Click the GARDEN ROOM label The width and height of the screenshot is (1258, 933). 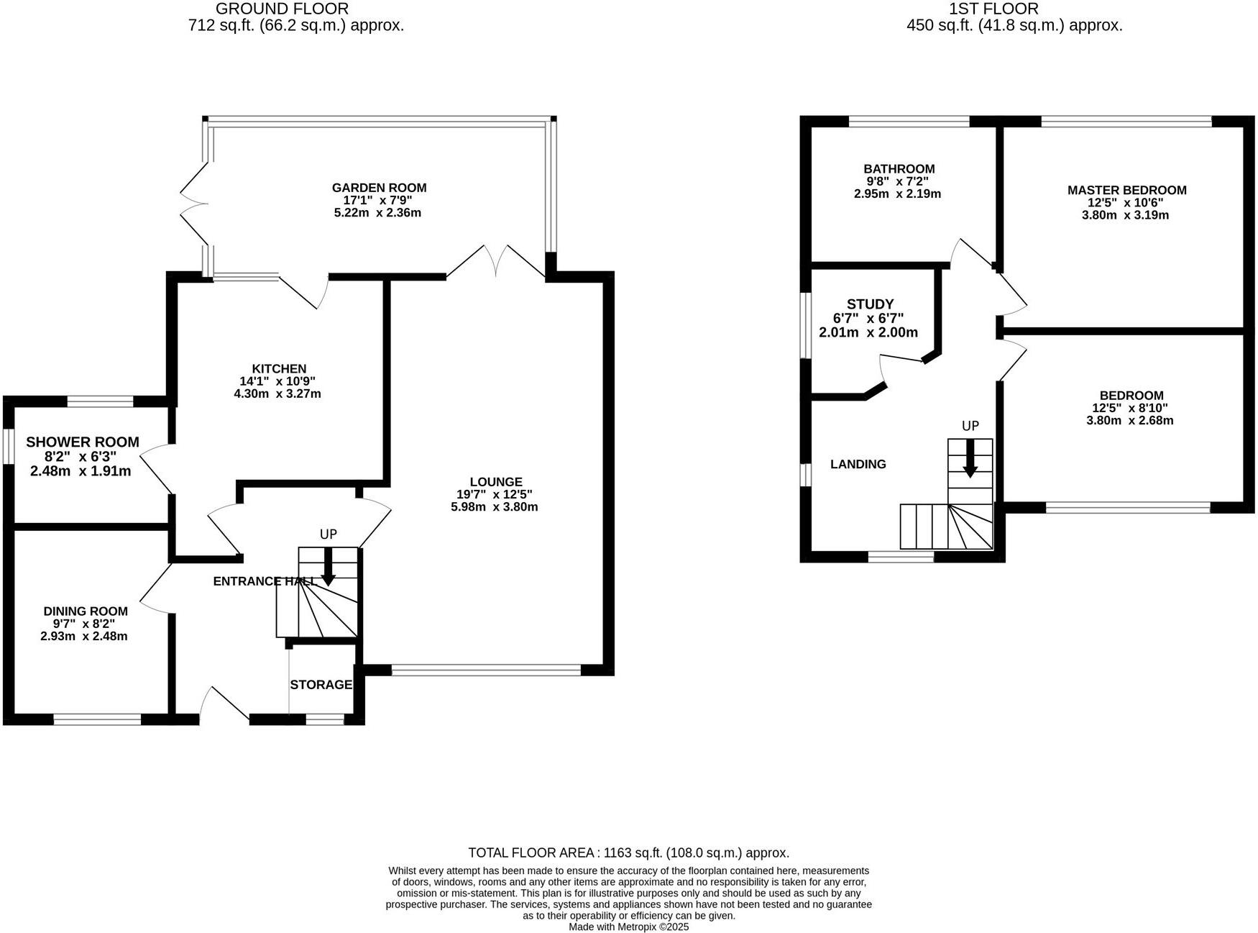[x=379, y=188]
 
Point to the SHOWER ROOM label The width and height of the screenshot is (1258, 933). [x=83, y=442]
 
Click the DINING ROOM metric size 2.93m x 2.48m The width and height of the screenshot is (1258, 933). [x=84, y=636]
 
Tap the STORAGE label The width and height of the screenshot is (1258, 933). [x=321, y=685]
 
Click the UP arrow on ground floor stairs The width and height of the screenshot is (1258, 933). [x=328, y=567]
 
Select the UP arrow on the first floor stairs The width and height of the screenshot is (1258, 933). [x=970, y=458]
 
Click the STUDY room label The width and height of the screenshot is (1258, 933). [x=870, y=304]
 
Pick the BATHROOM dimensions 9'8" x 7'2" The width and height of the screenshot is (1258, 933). [x=899, y=181]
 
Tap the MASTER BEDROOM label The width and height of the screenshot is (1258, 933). [x=1126, y=190]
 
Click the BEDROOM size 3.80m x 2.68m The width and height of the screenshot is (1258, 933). [x=1129, y=420]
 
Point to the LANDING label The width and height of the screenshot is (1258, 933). [x=858, y=464]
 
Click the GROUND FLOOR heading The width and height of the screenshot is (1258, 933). [x=282, y=9]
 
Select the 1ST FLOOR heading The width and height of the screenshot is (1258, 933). [x=993, y=9]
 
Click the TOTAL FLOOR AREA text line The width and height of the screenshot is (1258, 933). [x=628, y=853]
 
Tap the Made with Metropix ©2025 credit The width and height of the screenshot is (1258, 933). [x=628, y=927]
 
